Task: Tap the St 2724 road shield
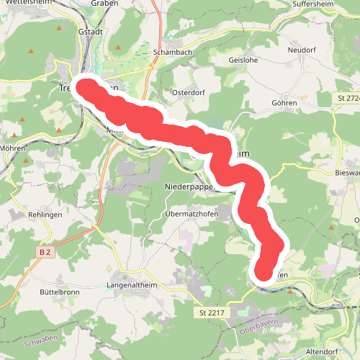coord(348,97)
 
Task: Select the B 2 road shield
coord(45,252)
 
